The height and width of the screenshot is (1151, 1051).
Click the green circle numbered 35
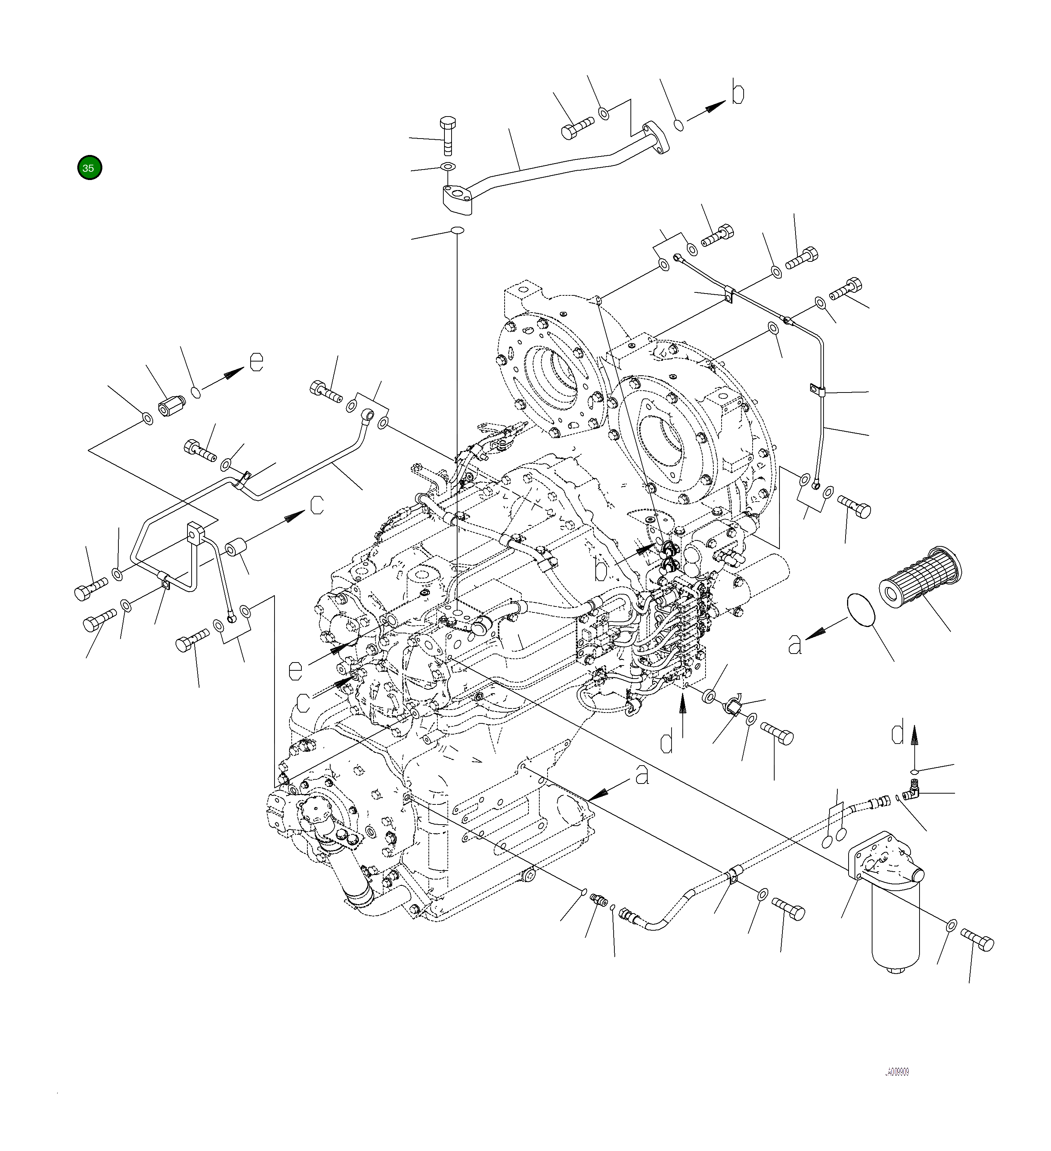(89, 168)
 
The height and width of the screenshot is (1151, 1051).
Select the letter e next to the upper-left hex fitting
(257, 362)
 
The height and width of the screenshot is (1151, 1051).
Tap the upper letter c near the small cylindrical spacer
(317, 505)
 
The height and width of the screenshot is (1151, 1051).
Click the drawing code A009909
(897, 1072)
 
